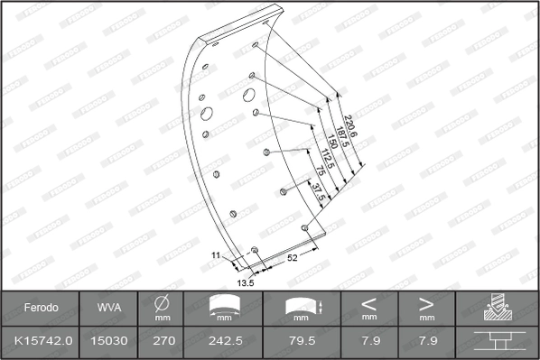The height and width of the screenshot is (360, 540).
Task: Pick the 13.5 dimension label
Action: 244,282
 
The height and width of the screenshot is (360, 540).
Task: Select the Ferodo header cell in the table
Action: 41,308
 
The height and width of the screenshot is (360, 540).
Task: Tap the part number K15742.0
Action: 41,340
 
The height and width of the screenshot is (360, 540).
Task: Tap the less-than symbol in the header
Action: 369,303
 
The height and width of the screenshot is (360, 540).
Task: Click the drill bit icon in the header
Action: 498,308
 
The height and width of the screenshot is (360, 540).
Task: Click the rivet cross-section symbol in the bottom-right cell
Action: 498,340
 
